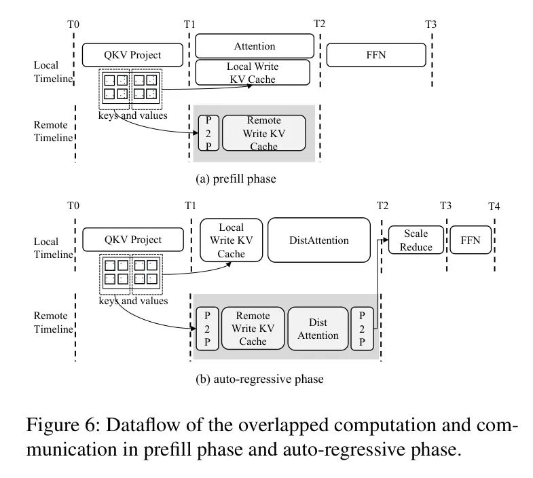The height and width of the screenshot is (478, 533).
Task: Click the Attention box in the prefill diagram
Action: (x=255, y=46)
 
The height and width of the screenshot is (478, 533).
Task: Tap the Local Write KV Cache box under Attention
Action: (x=252, y=73)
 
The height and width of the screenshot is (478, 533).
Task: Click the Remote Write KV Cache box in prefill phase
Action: (x=263, y=132)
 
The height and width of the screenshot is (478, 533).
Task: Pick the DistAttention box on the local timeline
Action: (x=318, y=240)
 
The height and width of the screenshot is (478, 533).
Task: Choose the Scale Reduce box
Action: (x=416, y=240)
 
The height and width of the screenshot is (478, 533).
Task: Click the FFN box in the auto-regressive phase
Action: (x=469, y=240)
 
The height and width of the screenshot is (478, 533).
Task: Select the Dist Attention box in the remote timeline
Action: (x=318, y=329)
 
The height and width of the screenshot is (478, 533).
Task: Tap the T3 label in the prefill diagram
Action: (x=430, y=25)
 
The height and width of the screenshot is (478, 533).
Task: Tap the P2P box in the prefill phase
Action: (x=208, y=132)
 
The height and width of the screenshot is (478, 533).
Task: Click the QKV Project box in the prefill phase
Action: (x=133, y=55)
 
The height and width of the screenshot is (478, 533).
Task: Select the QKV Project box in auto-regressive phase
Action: (x=133, y=240)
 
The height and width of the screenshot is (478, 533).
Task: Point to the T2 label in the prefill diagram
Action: (x=319, y=24)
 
